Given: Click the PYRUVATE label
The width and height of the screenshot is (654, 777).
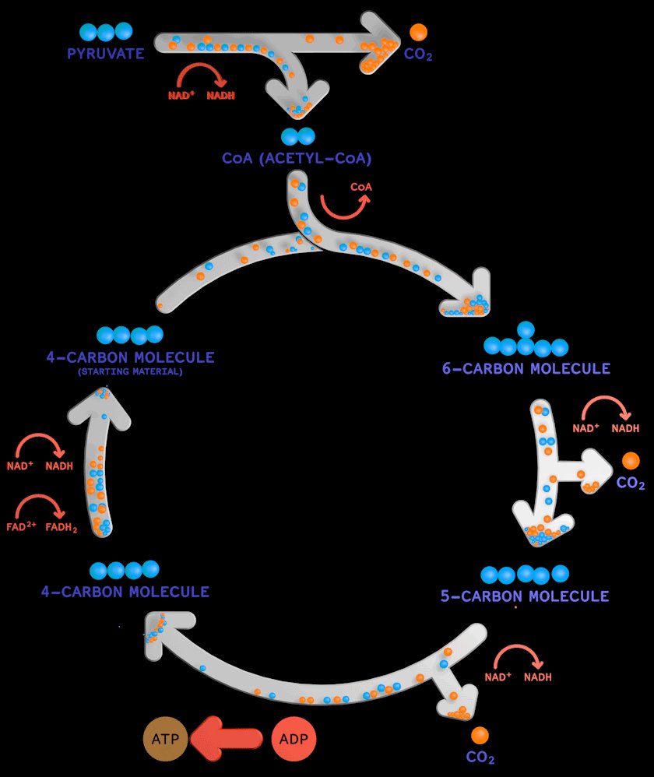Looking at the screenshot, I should [107, 54].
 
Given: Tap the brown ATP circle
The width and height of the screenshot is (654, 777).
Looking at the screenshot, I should [165, 737].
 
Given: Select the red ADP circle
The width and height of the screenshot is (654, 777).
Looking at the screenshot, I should [294, 737].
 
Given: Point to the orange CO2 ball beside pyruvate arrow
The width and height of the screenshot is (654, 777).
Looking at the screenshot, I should [418, 33].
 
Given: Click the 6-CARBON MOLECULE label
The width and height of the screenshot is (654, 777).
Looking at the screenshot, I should [526, 368].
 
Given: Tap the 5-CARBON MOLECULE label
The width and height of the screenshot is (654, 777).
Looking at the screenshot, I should [525, 596].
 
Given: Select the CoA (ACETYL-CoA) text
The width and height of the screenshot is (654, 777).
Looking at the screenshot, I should [297, 159].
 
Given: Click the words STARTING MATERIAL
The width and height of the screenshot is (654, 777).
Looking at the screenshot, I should [130, 372].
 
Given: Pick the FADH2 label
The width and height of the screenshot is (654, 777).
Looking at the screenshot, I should [62, 526].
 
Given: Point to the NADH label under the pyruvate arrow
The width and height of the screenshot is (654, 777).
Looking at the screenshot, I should [220, 96].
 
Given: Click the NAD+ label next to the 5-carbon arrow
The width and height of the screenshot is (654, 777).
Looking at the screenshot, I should [498, 677].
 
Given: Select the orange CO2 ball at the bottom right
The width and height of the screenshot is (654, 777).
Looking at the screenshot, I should [480, 735].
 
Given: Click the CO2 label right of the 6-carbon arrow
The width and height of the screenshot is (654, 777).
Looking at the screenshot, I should [631, 483].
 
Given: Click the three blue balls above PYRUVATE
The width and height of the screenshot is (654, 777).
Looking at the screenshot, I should [106, 32].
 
